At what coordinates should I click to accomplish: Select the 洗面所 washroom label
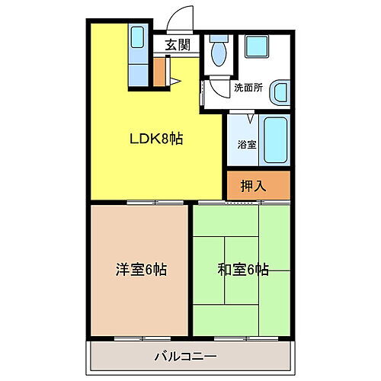point(248,88)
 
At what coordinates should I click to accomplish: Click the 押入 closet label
point(252,184)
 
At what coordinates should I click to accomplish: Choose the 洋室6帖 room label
point(141,269)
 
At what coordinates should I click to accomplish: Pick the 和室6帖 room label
point(242,269)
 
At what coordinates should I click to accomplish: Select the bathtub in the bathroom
point(275,140)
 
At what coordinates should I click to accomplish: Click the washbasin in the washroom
point(280,92)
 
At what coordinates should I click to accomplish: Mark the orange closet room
point(258,185)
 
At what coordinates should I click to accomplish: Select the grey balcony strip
point(190,356)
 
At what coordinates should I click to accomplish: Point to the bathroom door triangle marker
point(250,119)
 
